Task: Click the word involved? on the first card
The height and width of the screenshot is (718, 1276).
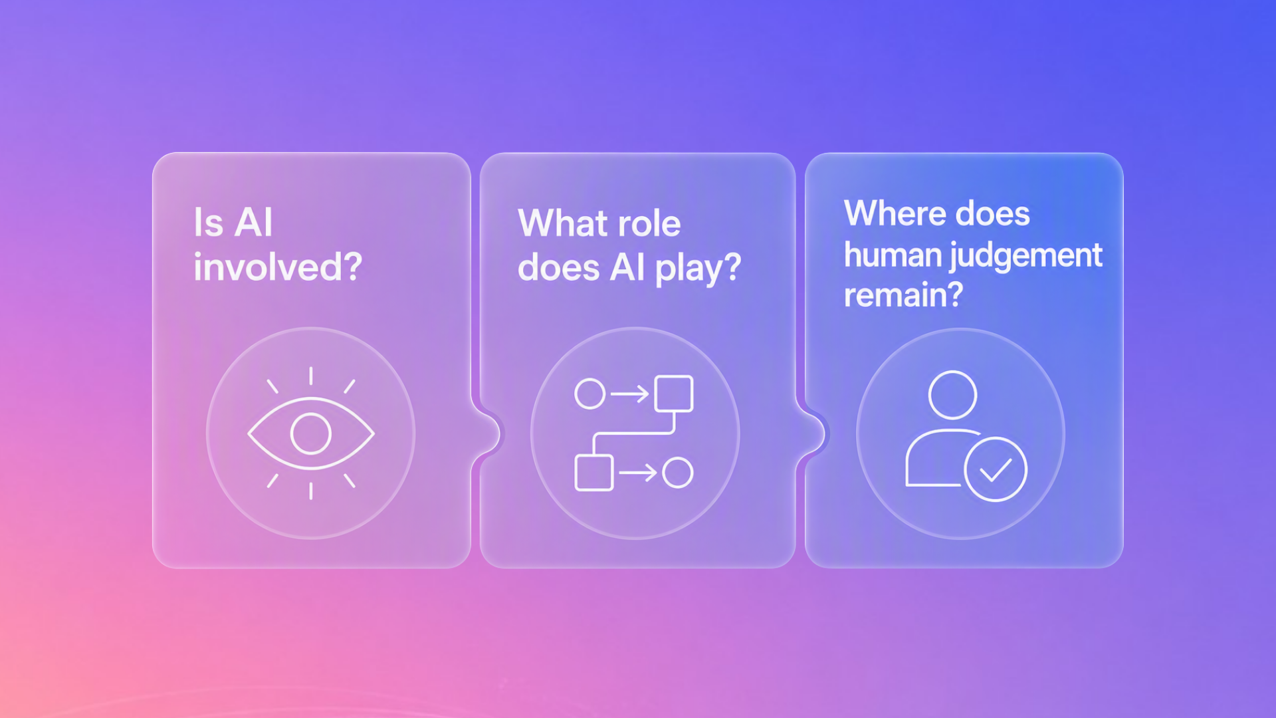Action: point(278,267)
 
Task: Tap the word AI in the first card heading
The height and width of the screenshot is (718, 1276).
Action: point(253,222)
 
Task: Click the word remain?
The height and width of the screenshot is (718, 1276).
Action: point(903,295)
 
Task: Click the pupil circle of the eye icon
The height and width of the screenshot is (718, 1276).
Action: point(311,433)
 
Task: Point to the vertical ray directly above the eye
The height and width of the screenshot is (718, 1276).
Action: point(311,376)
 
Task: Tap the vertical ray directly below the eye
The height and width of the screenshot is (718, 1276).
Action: point(311,491)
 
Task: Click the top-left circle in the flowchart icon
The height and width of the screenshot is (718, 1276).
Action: point(589,394)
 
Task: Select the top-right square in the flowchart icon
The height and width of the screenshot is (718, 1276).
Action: point(674,394)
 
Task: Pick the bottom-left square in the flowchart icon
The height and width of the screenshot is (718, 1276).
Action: point(593,473)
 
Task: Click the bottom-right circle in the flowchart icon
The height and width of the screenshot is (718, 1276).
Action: point(678,473)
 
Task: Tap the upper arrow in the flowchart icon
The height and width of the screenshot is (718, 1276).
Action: point(630,394)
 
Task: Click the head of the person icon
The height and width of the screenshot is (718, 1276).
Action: point(953,395)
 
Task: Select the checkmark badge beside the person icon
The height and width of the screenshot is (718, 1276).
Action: point(996,469)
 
